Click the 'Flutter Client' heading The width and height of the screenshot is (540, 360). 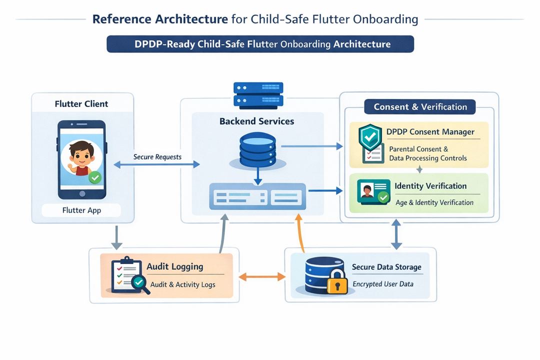pos(81,104)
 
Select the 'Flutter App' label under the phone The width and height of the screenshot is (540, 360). pos(81,210)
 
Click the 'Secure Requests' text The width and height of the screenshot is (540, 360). pos(157,157)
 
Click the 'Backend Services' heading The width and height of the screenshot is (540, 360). pos(256,121)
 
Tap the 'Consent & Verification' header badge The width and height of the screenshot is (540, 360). pos(420,106)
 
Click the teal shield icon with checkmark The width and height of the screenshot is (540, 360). pos(370,138)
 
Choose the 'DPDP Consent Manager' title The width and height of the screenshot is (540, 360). pos(430,132)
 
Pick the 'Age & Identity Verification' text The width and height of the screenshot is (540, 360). pos(434,202)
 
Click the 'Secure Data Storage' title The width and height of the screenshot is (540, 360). pos(386,267)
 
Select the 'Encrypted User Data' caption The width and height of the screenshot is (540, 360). pos(383,284)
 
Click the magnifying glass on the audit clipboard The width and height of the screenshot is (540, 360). pos(139,283)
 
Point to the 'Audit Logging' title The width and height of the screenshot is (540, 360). pos(174,266)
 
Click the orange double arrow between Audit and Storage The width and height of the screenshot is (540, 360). pos(261,276)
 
